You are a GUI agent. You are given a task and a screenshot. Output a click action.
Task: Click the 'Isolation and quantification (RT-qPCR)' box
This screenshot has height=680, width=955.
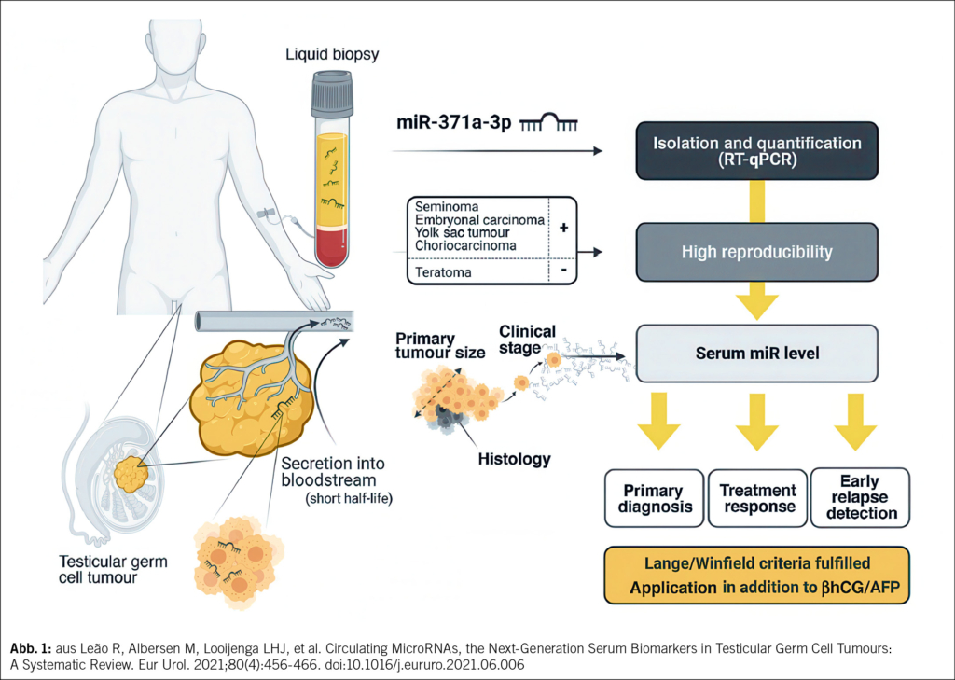755,151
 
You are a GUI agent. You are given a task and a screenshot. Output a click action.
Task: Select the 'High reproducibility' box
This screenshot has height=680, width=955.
755,252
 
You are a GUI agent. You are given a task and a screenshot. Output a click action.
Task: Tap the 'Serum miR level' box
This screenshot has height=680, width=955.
755,354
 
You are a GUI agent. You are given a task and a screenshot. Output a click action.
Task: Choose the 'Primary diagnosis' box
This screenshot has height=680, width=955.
653,499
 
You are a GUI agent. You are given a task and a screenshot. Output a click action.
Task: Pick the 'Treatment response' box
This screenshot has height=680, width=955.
757,499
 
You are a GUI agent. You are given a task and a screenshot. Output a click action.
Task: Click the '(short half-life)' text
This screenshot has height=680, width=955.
347,497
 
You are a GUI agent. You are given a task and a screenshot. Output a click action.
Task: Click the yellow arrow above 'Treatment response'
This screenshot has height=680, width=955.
757,420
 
